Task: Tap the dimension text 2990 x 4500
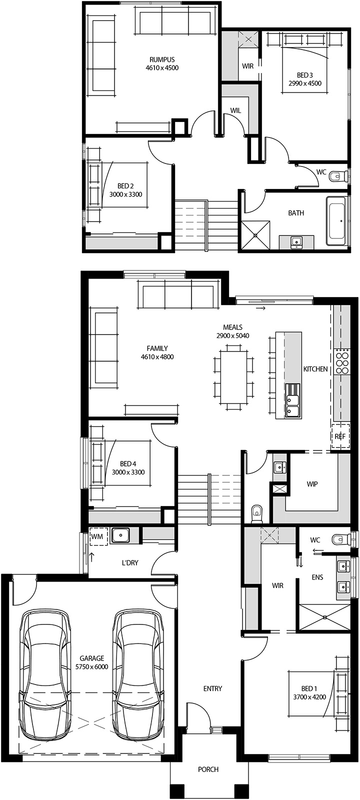pos(305,83)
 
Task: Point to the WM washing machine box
pos(97,536)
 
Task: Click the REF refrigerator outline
pos(340,436)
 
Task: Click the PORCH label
pos(208,769)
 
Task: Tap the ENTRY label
pos(212,688)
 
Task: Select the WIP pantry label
pos(312,484)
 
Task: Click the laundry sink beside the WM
pos(121,535)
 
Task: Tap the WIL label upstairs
pos(235,110)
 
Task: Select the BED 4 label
pos(128,463)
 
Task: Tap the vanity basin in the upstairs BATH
pos(296,242)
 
